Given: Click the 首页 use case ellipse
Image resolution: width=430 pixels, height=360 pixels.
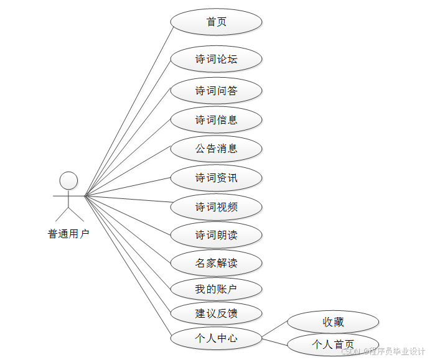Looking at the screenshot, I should (x=216, y=22).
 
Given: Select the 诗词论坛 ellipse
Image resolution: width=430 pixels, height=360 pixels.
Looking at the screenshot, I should (x=216, y=60).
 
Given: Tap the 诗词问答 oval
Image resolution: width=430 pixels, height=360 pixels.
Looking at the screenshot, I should (x=216, y=91).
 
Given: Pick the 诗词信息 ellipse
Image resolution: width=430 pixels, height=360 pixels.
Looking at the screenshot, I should (x=216, y=120).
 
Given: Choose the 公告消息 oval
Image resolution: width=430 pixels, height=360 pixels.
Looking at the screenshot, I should (x=216, y=149).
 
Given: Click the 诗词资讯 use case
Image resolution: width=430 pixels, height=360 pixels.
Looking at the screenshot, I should (x=216, y=178).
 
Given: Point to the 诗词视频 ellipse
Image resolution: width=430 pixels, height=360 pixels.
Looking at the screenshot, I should (x=216, y=207).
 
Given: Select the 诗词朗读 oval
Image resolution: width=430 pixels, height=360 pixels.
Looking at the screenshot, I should (x=216, y=236).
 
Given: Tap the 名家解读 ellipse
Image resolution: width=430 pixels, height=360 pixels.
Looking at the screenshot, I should (x=216, y=263).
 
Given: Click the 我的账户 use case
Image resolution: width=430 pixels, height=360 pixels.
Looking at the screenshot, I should (x=216, y=289).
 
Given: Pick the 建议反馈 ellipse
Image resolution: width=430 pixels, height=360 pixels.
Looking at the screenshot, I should (x=216, y=313).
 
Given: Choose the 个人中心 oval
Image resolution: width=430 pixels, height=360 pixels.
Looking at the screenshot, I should (x=216, y=339).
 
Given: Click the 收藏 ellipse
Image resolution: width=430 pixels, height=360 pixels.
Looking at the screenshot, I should (x=333, y=322).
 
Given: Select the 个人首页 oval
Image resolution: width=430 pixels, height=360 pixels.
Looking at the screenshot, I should (x=333, y=344).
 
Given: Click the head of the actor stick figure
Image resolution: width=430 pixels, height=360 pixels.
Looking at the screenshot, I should (x=68, y=181).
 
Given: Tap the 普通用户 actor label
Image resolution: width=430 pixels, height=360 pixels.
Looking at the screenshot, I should (x=68, y=234).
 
